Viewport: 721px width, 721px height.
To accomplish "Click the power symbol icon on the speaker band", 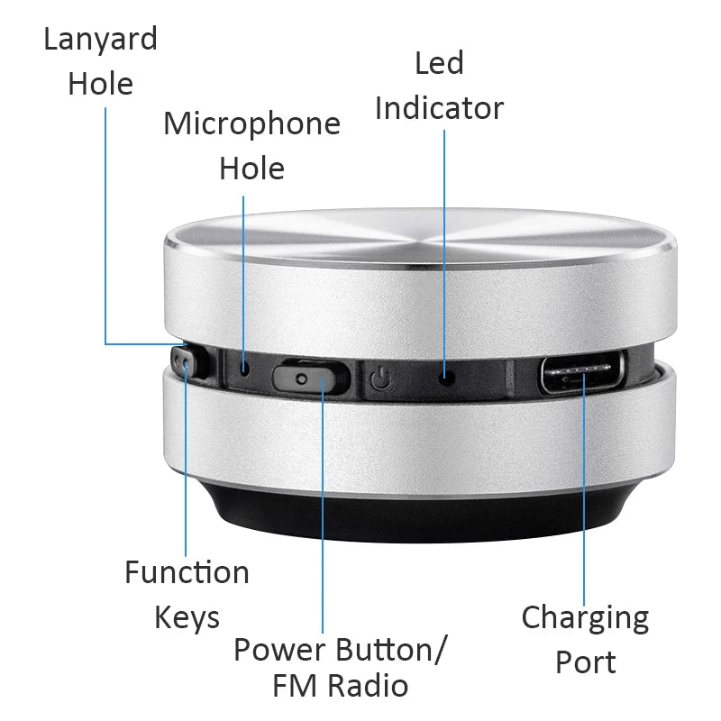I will [x=380, y=379].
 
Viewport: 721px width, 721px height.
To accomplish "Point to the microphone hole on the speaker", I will [x=244, y=368].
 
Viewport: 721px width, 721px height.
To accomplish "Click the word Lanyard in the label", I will [x=100, y=39].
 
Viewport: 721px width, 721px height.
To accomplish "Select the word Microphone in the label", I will [x=251, y=123].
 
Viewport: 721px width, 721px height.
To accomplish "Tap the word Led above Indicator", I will [x=439, y=63].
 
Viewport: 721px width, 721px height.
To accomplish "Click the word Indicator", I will [x=439, y=108].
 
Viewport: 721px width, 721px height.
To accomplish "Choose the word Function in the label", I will [x=187, y=572].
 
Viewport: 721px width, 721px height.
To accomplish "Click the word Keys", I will [x=187, y=618].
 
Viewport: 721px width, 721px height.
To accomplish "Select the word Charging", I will [x=585, y=618].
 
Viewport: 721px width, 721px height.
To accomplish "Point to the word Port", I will [x=585, y=662].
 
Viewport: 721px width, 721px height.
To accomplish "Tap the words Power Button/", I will [x=342, y=649].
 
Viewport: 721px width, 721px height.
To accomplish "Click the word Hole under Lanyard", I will [x=100, y=84].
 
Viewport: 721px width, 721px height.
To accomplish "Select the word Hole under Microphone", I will [x=251, y=169].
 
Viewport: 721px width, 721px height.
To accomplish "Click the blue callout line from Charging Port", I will [x=584, y=505].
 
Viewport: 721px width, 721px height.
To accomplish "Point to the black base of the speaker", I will [x=415, y=518].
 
